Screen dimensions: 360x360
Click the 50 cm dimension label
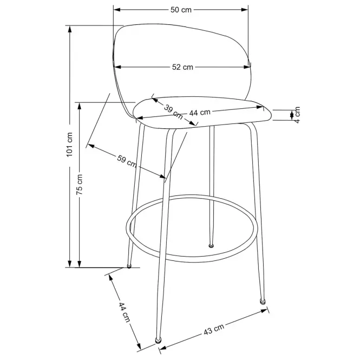(x=181, y=10)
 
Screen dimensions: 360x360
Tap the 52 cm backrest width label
(x=182, y=67)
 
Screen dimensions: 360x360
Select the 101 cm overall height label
(x=70, y=145)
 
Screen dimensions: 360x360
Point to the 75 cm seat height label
(x=80, y=184)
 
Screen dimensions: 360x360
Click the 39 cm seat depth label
(x=174, y=112)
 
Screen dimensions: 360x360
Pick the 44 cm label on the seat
(x=200, y=113)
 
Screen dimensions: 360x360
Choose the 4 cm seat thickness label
(x=297, y=115)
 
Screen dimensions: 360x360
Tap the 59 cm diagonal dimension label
(x=127, y=161)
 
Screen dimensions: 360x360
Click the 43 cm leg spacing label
(x=214, y=330)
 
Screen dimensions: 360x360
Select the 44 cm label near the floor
(x=124, y=312)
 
